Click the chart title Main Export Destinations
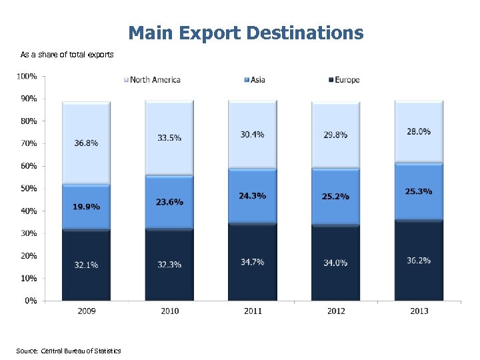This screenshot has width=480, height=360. tap(246, 33)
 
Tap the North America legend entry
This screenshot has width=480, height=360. tap(154, 80)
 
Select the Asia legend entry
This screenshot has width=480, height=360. tap(257, 80)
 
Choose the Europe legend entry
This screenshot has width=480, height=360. tap(347, 80)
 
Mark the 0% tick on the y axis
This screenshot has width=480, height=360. tap(30, 301)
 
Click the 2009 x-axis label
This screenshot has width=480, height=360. tap(86, 311)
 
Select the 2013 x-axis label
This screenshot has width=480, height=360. tap(419, 311)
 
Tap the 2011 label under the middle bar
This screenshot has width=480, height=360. tap(253, 311)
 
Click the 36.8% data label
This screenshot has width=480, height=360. tap(86, 143)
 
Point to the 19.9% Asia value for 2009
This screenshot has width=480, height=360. tap(86, 207)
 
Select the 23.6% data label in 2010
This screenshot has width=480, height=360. tap(169, 201)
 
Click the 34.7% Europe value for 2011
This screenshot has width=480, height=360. tap(253, 262)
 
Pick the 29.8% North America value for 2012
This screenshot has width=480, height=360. tap(335, 135)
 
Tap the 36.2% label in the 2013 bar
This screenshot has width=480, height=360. tap(419, 260)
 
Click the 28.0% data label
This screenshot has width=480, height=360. tap(419, 132)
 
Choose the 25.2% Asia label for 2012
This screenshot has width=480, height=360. tap(335, 197)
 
